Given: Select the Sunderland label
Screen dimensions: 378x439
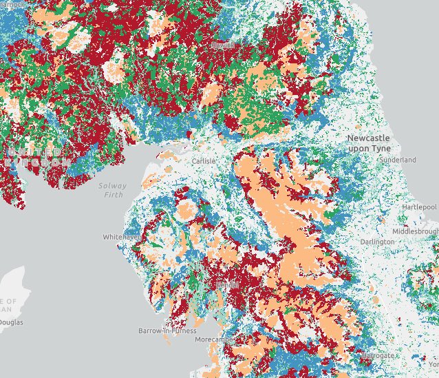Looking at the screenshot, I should click(398, 160).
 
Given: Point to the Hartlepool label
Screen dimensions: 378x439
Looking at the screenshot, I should click(420, 207).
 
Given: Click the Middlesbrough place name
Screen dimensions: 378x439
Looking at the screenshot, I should click(418, 231).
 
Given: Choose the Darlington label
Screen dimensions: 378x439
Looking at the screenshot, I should click(378, 242).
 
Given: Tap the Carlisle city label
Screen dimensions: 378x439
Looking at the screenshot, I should click(204, 160).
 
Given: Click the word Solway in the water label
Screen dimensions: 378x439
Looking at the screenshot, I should click(112, 186).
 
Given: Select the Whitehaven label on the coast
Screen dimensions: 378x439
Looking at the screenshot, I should click(122, 236).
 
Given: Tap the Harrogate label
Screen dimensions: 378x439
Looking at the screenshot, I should click(379, 355).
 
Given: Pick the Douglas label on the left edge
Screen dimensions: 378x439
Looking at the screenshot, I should click(11, 322).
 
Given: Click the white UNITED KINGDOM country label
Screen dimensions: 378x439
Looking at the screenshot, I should click(31, 156).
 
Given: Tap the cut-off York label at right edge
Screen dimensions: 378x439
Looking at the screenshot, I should click(433, 364).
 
